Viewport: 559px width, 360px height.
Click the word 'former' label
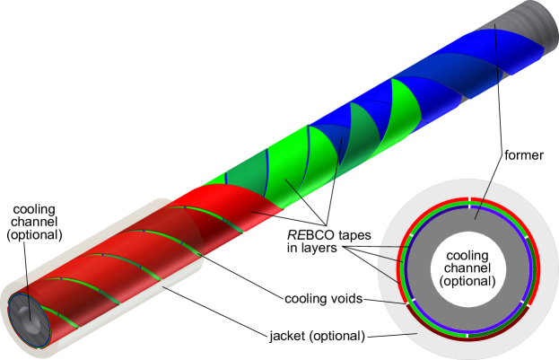[x=524, y=155]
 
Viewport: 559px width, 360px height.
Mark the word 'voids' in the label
[x=345, y=298]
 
